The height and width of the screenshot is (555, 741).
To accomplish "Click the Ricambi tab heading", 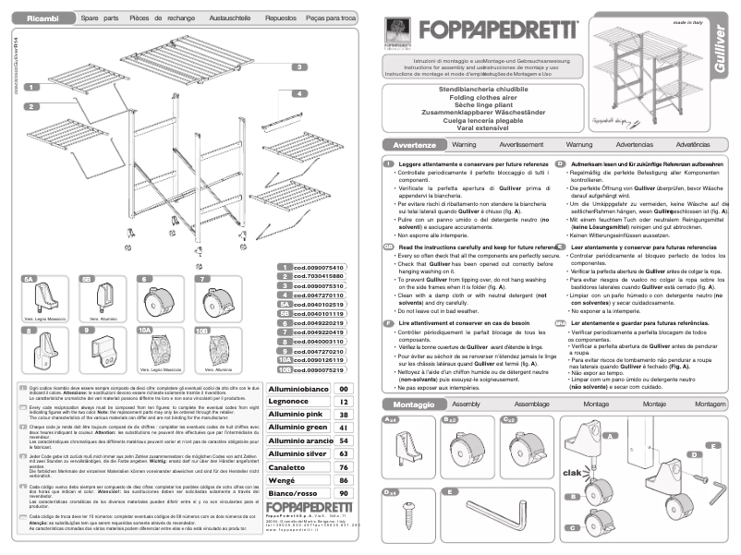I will point(43,18).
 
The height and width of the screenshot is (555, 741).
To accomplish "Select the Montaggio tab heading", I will point(413,405).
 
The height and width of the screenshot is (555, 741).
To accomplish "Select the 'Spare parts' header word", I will point(100,18).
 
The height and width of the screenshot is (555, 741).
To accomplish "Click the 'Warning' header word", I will point(465,146).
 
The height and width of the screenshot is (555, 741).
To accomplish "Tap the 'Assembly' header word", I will point(466,405).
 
